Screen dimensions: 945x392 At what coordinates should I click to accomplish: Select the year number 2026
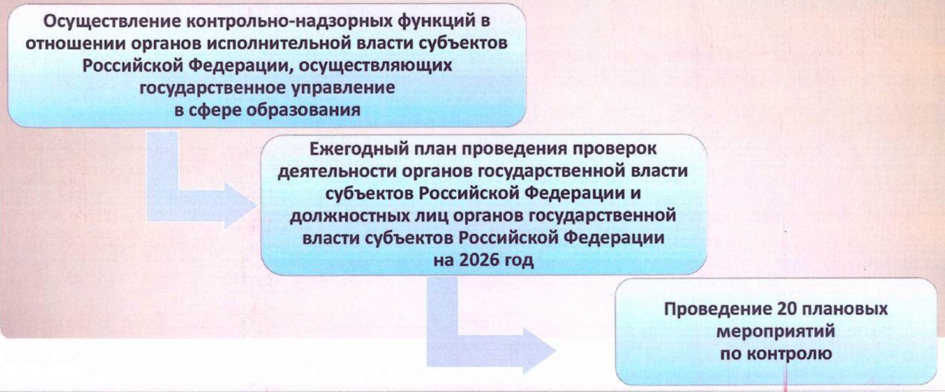pyautogui.click(x=478, y=260)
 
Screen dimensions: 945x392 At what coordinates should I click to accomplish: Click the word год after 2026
pyautogui.click(x=519, y=260)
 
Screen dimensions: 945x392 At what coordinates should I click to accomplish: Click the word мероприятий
pyautogui.click(x=776, y=331)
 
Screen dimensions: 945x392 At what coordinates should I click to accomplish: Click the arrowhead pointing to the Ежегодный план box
pyautogui.click(x=241, y=206)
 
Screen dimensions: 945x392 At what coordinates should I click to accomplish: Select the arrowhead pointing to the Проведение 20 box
pyautogui.click(x=540, y=351)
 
